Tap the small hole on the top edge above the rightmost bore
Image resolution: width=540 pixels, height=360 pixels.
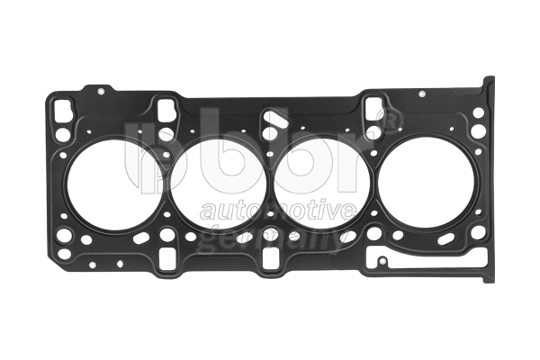(421, 92)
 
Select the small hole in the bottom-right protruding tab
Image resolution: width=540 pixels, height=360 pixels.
(382, 262)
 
